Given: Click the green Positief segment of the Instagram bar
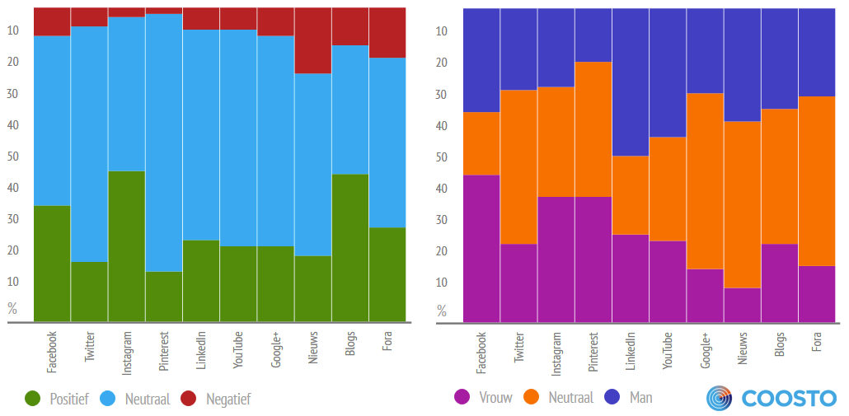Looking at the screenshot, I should click(126, 245).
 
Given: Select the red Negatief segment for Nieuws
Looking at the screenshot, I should click(313, 40).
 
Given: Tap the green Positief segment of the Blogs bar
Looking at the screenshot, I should click(350, 247).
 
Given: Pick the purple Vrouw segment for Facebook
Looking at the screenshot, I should click(481, 247).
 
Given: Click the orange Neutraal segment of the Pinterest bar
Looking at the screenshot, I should click(593, 129).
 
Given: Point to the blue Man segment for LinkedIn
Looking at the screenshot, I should click(630, 82).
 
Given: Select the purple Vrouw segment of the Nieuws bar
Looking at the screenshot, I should click(742, 304).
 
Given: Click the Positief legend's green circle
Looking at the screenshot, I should click(32, 399).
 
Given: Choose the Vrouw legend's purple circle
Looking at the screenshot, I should click(462, 397).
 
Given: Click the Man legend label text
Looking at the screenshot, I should click(640, 397).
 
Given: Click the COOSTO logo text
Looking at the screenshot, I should click(789, 398).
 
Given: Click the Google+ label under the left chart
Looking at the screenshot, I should click(275, 351).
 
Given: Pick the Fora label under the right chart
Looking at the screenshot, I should click(816, 342).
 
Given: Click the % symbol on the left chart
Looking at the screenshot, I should click(12, 309).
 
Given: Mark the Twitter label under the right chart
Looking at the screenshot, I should click(518, 348).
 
